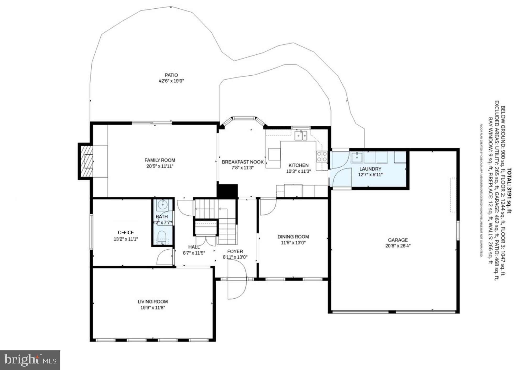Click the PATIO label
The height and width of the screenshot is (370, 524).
[171, 75]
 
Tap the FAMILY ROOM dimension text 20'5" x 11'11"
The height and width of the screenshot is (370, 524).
[160, 166]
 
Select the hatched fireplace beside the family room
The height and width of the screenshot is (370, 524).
[87, 161]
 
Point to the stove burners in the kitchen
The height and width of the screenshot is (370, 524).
[322, 156]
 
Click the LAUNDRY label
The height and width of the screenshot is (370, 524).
[370, 169]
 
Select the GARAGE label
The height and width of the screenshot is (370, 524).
[398, 240]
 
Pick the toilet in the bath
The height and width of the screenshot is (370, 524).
[162, 237]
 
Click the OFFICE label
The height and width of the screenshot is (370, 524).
[126, 232]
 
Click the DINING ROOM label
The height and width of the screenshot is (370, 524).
[293, 237]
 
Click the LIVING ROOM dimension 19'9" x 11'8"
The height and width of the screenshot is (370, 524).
[153, 308]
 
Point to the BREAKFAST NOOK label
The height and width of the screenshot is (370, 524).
[243, 162]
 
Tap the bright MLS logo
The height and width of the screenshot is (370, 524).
[30, 360]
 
